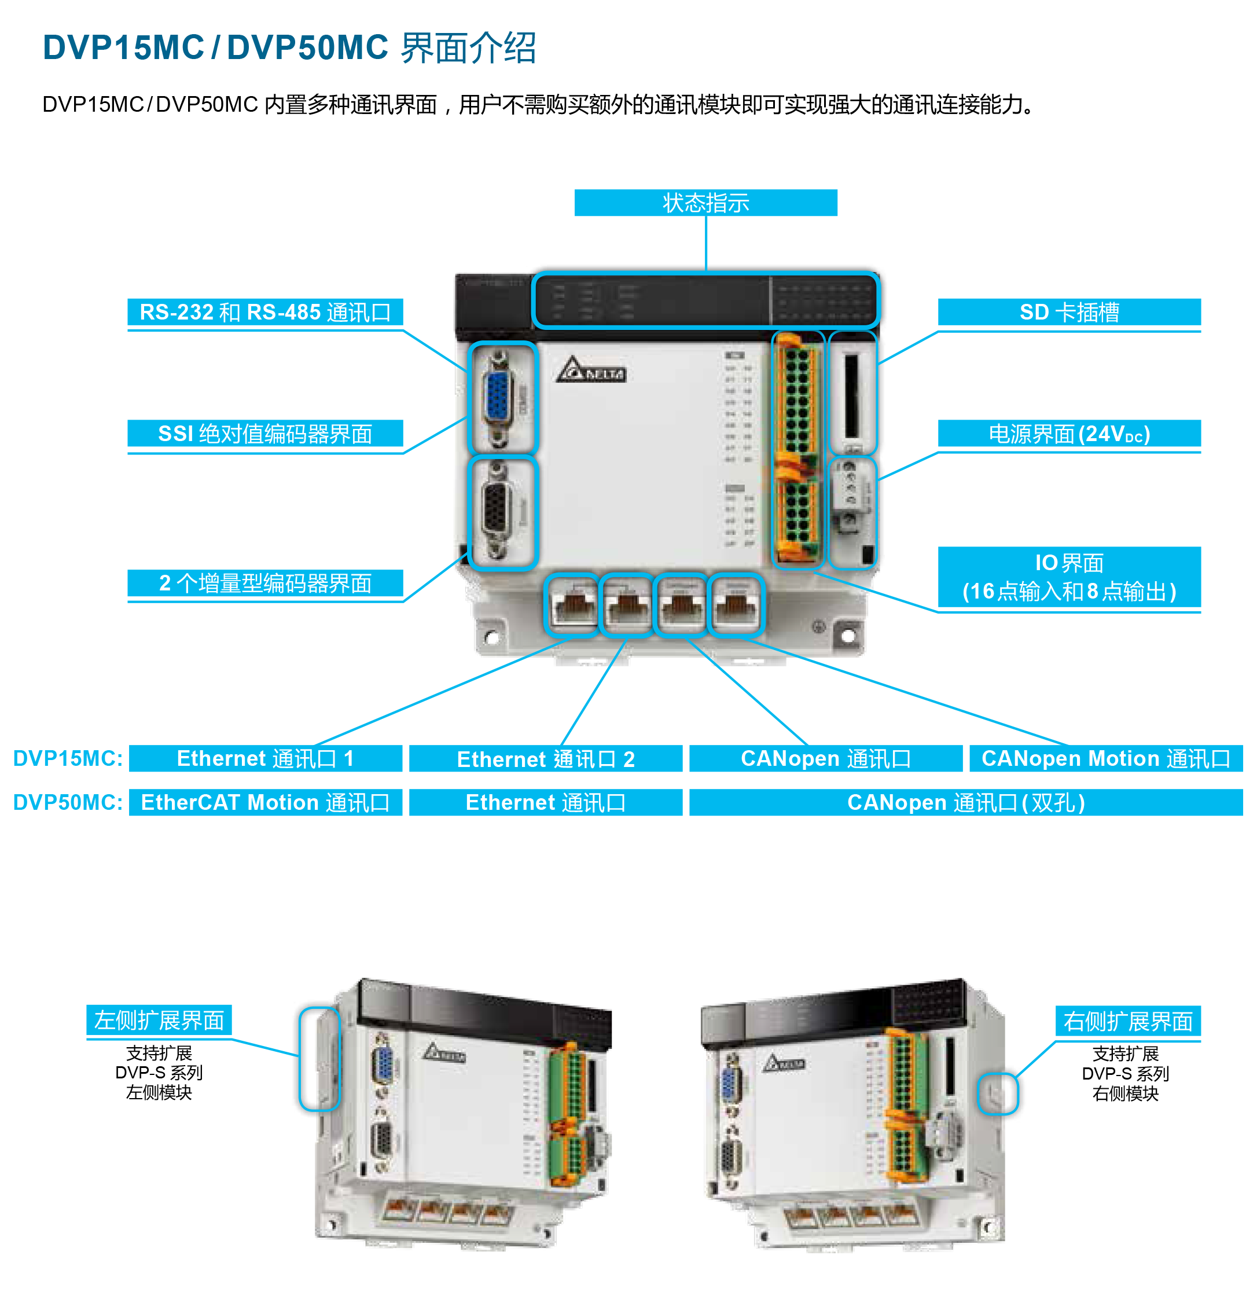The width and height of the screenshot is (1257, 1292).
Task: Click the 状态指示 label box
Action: tap(705, 203)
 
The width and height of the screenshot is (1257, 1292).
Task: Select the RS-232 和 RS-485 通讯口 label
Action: tap(264, 312)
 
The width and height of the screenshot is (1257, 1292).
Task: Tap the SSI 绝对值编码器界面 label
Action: tap(264, 434)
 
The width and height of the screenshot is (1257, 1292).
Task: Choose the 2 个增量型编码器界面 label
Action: tap(264, 583)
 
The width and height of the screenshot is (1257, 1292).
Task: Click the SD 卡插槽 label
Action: tap(1069, 312)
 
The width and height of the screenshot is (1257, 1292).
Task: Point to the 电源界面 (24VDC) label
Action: tap(1069, 434)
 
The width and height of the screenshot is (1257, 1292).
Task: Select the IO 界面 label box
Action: tap(1069, 577)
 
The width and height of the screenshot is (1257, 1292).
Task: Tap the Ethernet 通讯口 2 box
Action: tap(545, 758)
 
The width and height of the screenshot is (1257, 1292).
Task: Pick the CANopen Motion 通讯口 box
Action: tap(1106, 758)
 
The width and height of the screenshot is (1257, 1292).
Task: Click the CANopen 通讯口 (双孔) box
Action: tap(965, 802)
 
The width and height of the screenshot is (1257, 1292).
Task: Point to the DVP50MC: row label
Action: tap(68, 802)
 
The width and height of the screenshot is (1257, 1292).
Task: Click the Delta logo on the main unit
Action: tap(590, 370)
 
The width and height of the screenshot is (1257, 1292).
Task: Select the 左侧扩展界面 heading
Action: tap(159, 1020)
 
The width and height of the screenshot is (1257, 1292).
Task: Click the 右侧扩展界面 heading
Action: tap(1127, 1021)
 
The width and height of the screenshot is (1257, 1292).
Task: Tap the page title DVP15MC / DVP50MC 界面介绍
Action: tap(289, 48)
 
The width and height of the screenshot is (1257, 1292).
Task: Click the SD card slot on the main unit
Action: tap(852, 394)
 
